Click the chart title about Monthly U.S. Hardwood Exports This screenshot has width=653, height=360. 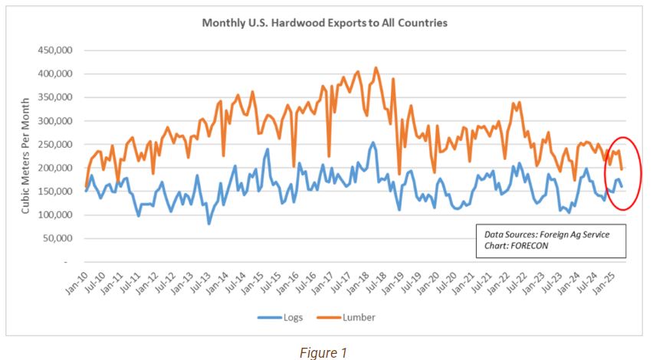324,23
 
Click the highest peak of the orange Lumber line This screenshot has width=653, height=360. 376,67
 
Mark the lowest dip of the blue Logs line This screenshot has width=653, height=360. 208,224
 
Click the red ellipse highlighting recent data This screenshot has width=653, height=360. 638,173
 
